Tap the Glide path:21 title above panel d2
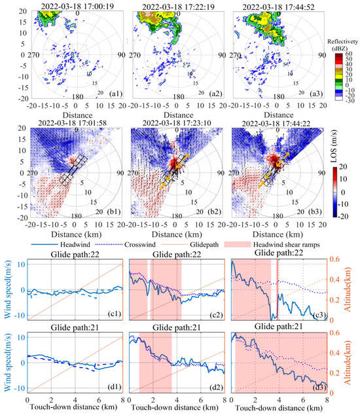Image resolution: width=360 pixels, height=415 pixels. click(x=175, y=327)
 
